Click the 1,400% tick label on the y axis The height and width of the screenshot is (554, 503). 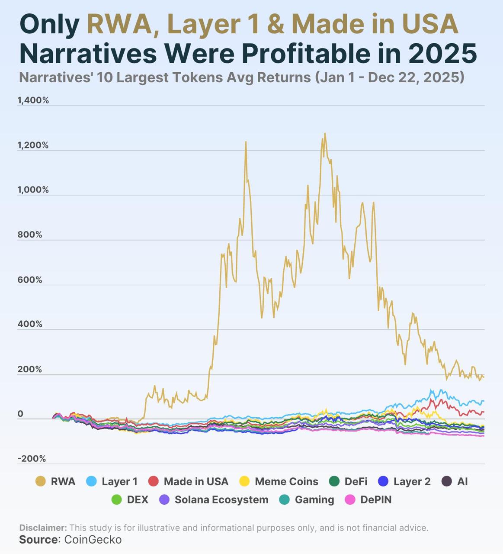click(x=33, y=100)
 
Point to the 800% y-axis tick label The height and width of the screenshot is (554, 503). click(x=30, y=235)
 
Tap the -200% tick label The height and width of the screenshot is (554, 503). click(x=32, y=459)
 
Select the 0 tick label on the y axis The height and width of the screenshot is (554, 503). click(x=20, y=414)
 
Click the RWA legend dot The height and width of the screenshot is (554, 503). click(x=40, y=481)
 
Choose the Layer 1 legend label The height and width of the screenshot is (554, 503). click(x=119, y=482)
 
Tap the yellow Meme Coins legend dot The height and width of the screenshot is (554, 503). click(x=244, y=481)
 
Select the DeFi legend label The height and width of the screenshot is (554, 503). click(x=356, y=482)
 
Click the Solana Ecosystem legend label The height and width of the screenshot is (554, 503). click(x=221, y=500)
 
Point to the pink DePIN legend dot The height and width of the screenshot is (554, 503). click(x=349, y=499)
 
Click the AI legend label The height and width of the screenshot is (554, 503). click(x=462, y=482)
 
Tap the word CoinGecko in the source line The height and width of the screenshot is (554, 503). click(x=93, y=540)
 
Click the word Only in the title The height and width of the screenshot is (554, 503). click(x=49, y=24)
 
